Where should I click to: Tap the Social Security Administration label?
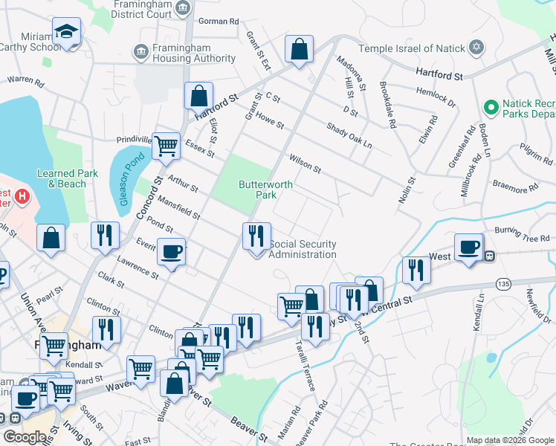[x=302, y=249]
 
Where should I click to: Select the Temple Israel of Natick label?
[x=411, y=48]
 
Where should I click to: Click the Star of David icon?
[x=476, y=48]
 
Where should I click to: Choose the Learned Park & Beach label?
[x=67, y=178]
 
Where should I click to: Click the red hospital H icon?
[x=22, y=197]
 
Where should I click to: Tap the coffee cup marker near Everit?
[x=172, y=252]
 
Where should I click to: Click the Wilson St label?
[x=305, y=164]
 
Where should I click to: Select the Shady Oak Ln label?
[x=349, y=135]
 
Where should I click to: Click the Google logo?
[x=25, y=437]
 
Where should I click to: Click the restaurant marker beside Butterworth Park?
[x=255, y=236]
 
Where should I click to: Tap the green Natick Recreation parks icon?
[x=491, y=108]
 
